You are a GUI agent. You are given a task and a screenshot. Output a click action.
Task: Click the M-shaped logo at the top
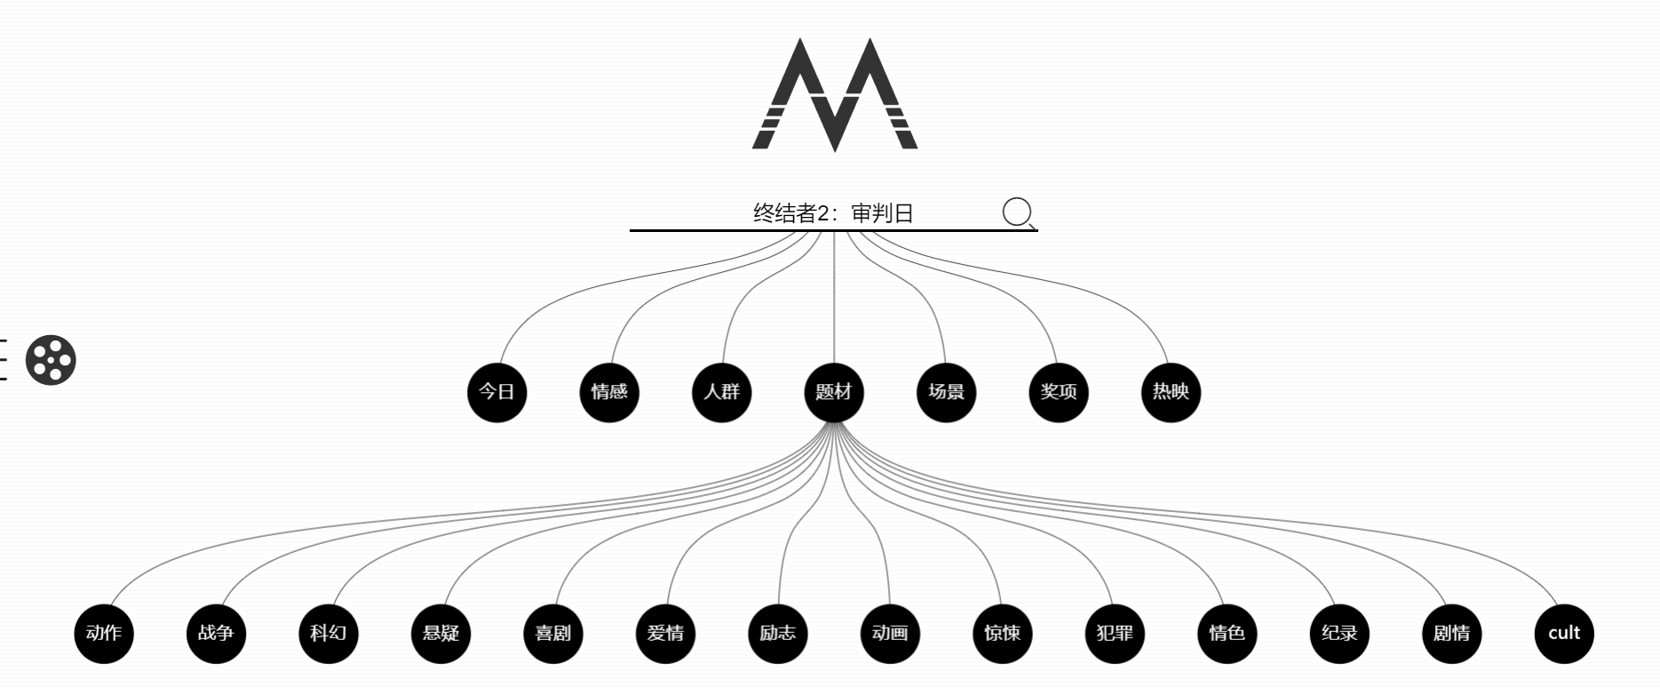click(x=834, y=94)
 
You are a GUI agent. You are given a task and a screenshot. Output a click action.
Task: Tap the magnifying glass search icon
click(x=1018, y=213)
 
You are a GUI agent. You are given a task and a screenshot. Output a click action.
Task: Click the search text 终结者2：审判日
click(x=833, y=213)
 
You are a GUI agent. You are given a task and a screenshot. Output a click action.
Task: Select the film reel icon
click(x=51, y=360)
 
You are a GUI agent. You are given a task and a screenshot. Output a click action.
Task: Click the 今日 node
click(x=497, y=392)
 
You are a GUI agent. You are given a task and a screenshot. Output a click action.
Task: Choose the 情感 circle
click(x=609, y=392)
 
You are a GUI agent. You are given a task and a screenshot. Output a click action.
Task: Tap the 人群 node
click(x=722, y=392)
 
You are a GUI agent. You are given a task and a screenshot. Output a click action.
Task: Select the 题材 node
click(x=834, y=392)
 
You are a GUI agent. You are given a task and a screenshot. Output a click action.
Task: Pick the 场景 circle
click(x=946, y=392)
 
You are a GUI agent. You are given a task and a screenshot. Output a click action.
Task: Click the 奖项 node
click(x=1059, y=392)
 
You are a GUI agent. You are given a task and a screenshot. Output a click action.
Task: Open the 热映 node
click(x=1171, y=392)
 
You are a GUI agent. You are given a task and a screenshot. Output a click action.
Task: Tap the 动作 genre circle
click(x=104, y=634)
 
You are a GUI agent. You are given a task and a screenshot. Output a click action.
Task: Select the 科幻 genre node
click(x=329, y=634)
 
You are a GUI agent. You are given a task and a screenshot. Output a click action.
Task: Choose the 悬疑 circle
click(x=441, y=634)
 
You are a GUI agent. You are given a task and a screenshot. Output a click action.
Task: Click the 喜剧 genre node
click(x=553, y=634)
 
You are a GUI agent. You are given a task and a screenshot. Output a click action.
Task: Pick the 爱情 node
click(x=666, y=634)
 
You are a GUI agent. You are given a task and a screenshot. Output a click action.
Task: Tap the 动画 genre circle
click(x=890, y=634)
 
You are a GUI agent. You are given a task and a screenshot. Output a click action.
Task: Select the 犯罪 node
click(x=1115, y=634)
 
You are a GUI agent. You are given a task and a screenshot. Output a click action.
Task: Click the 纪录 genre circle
click(x=1339, y=634)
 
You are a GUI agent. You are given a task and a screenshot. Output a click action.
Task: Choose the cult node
click(x=1564, y=634)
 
